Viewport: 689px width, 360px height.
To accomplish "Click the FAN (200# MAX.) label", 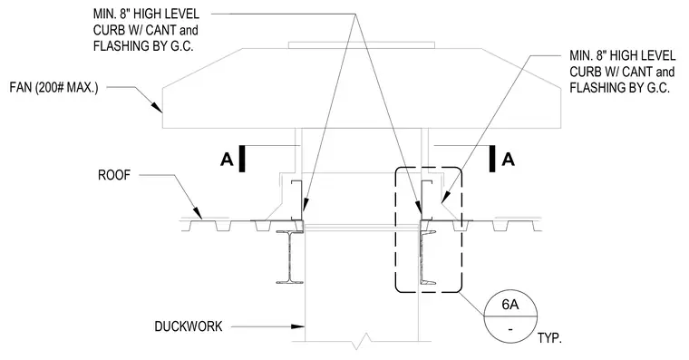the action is click(53, 87).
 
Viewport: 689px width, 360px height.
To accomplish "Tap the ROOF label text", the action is click(114, 175).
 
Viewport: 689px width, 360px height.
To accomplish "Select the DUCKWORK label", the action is click(189, 326).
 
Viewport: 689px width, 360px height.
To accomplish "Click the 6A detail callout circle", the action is click(510, 316).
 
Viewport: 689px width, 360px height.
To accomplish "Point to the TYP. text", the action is click(549, 338).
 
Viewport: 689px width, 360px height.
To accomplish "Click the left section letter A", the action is click(227, 159).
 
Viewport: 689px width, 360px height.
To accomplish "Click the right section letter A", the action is click(509, 159).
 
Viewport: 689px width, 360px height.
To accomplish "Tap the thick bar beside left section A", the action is click(242, 159).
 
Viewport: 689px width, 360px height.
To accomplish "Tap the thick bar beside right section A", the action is click(492, 159).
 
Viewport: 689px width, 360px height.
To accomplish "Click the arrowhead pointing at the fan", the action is click(157, 108).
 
